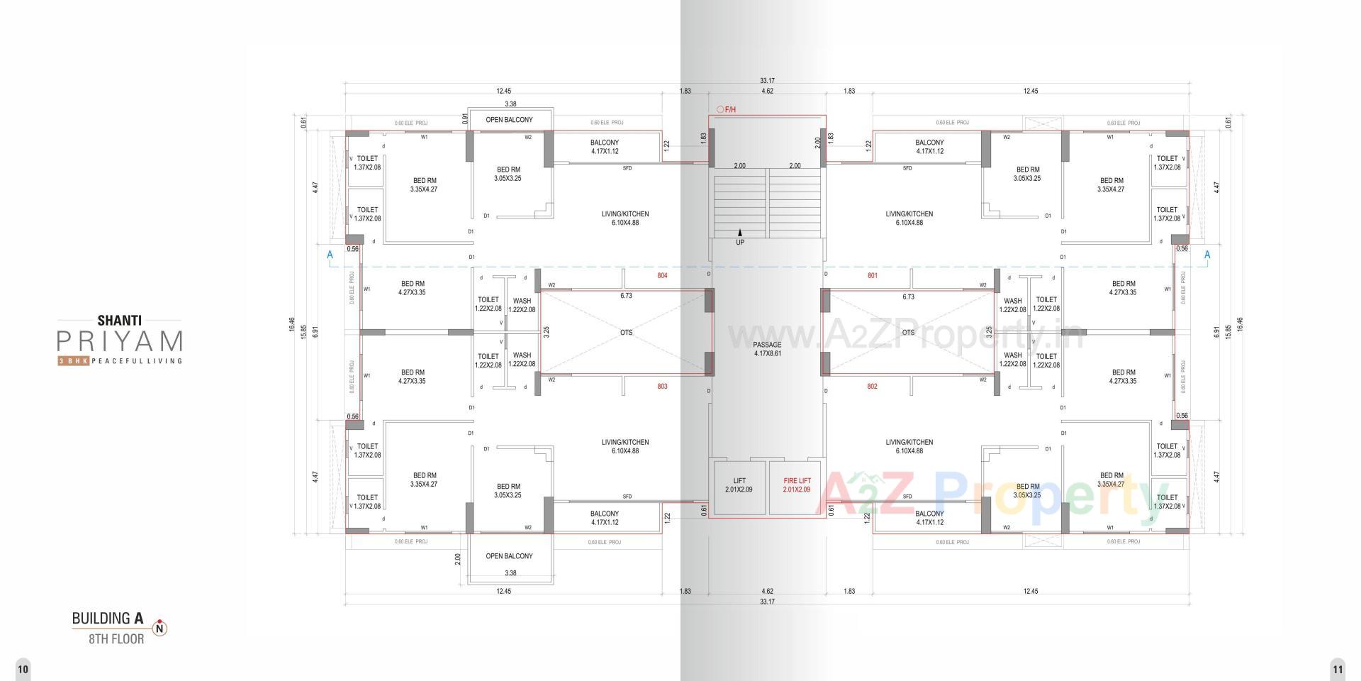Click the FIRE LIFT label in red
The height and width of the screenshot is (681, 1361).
click(x=797, y=485)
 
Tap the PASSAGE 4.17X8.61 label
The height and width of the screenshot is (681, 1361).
click(x=767, y=349)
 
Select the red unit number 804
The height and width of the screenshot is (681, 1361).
click(x=661, y=275)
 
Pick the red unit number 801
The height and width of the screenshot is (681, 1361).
click(x=872, y=275)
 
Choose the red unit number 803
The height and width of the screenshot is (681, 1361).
click(x=661, y=387)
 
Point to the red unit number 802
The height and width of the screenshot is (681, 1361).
click(x=872, y=387)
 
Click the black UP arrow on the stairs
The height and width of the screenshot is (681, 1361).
click(x=740, y=233)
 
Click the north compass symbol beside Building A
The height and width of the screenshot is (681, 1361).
click(x=160, y=628)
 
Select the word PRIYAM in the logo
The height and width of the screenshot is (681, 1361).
click(x=120, y=342)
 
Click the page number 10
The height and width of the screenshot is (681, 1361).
click(x=23, y=669)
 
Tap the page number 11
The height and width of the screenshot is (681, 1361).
click(x=1337, y=669)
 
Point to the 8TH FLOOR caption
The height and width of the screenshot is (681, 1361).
click(x=116, y=639)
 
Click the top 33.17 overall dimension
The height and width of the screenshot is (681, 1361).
click(x=767, y=81)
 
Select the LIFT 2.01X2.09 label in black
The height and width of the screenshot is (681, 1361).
click(x=739, y=485)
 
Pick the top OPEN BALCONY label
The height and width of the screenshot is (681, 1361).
click(x=509, y=120)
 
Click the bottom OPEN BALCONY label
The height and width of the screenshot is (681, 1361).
click(x=509, y=556)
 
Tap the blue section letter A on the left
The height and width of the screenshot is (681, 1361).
click(x=330, y=255)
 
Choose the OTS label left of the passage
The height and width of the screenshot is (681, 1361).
click(x=626, y=333)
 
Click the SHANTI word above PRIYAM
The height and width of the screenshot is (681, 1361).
click(x=120, y=321)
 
